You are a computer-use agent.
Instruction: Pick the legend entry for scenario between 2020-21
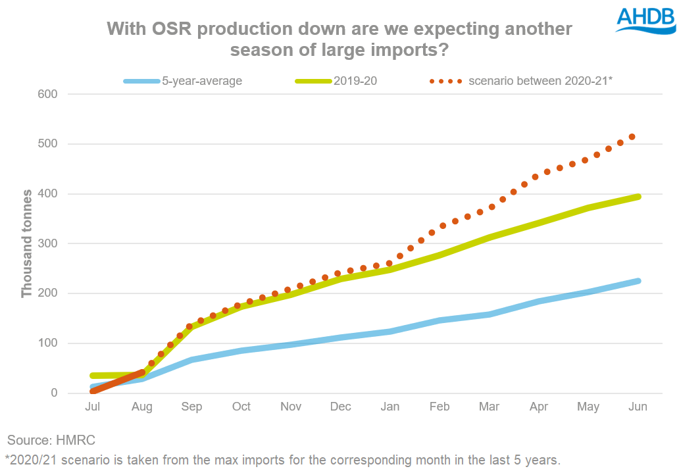click(x=520, y=82)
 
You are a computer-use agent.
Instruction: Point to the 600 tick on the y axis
click(x=48, y=94)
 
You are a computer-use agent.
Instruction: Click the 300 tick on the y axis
click(x=48, y=243)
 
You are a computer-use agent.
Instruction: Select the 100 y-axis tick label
click(x=48, y=343)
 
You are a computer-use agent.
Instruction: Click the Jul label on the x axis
click(x=93, y=407)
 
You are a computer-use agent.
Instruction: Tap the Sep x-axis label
click(x=191, y=407)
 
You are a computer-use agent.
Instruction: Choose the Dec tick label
click(x=340, y=407)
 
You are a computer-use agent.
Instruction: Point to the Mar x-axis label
click(x=489, y=407)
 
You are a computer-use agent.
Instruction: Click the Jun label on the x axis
click(x=638, y=407)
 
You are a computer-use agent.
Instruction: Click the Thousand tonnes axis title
click(x=27, y=243)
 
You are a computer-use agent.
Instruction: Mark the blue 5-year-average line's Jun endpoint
click(x=637, y=281)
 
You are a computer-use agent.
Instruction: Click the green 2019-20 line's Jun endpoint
click(x=637, y=197)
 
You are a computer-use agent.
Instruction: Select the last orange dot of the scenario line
click(x=632, y=137)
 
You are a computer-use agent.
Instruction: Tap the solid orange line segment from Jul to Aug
click(x=118, y=382)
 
